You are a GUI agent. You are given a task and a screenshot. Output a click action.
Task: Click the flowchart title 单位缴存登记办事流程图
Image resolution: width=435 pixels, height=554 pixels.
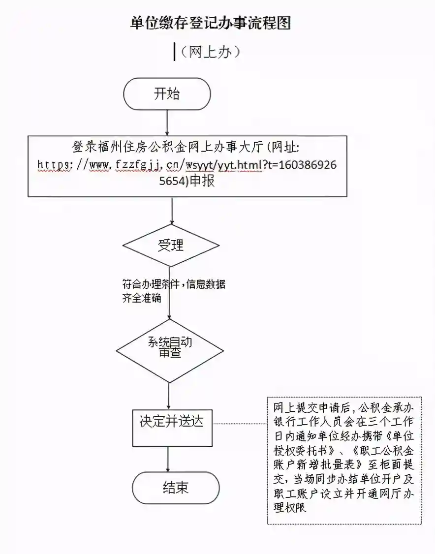pos(211,23)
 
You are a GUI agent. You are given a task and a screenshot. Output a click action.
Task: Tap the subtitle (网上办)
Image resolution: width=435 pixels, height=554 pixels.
pos(210,52)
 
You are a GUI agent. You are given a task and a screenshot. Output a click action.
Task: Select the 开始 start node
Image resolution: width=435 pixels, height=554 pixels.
pos(167,93)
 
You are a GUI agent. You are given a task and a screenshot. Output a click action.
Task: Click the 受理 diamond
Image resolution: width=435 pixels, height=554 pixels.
pos(171,245)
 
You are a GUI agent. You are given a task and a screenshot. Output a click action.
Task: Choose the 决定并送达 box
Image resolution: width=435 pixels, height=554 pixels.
pos(171,422)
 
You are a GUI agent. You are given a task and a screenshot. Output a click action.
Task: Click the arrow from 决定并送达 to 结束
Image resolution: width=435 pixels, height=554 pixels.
pos(169,458)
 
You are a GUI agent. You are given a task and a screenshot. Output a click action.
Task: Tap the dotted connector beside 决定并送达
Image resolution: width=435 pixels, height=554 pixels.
pos(239,423)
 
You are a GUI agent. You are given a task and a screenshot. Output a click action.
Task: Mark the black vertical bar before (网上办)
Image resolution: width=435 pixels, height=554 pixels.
pos(174,52)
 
